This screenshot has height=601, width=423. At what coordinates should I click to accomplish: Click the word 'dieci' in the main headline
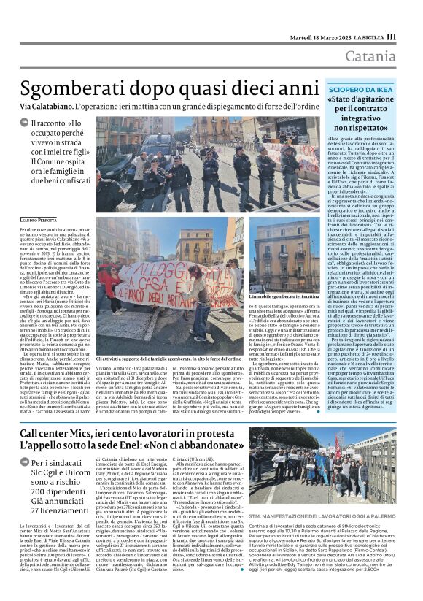tap(274, 88)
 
